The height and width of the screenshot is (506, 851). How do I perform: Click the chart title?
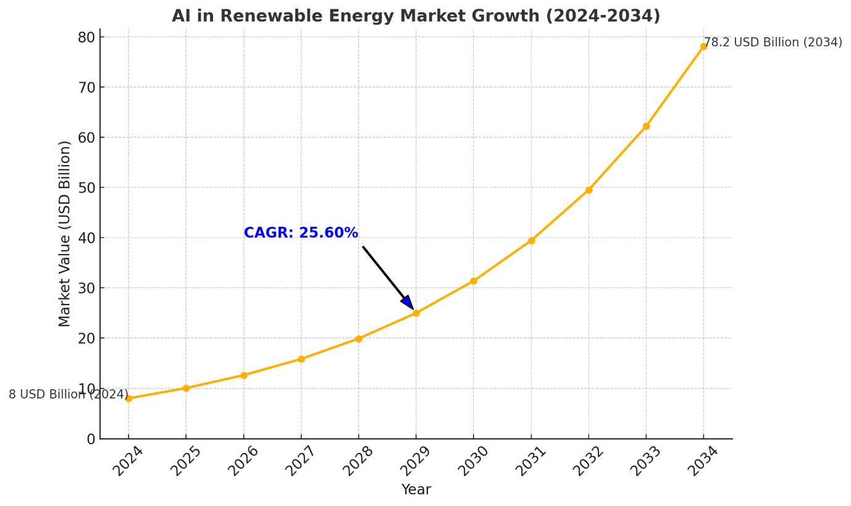pyautogui.click(x=416, y=16)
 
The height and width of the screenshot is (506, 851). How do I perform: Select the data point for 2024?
pyautogui.click(x=128, y=398)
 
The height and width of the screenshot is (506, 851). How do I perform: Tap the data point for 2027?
pyautogui.click(x=301, y=359)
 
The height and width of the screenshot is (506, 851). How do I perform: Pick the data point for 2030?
pyautogui.click(x=474, y=281)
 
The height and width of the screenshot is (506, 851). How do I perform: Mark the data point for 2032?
pyautogui.click(x=589, y=190)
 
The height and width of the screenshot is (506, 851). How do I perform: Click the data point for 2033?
pyautogui.click(x=646, y=126)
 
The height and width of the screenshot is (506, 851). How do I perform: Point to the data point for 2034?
pyautogui.click(x=703, y=46)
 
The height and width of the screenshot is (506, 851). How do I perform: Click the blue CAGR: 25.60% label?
pyautogui.click(x=301, y=233)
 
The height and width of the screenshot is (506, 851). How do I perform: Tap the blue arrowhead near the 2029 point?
pyautogui.click(x=408, y=303)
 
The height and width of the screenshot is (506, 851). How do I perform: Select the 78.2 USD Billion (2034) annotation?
pyautogui.click(x=773, y=43)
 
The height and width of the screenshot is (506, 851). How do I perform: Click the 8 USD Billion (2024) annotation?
pyautogui.click(x=68, y=394)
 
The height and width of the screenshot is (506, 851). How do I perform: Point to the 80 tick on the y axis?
pyautogui.click(x=86, y=37)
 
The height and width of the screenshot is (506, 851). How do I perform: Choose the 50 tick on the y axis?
pyautogui.click(x=86, y=188)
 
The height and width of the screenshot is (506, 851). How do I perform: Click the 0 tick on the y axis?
pyautogui.click(x=91, y=439)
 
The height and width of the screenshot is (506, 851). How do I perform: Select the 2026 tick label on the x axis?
pyautogui.click(x=243, y=461)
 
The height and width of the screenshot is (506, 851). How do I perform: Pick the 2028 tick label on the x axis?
pyautogui.click(x=358, y=461)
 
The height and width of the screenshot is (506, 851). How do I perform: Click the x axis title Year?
pyautogui.click(x=416, y=490)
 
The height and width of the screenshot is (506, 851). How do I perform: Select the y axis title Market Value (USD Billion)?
pyautogui.click(x=65, y=234)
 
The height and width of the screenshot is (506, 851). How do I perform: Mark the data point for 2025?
pyautogui.click(x=186, y=388)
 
